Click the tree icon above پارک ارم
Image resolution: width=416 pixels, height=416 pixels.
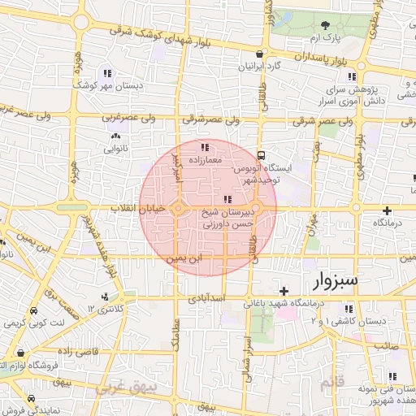348,24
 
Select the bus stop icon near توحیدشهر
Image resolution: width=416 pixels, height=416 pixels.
261,154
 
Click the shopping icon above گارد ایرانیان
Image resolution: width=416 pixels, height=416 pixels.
258,54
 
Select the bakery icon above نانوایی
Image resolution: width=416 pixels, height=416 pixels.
116,136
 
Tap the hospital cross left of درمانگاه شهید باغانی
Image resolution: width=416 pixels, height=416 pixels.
283,290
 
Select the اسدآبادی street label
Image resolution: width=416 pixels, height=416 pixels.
206,299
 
